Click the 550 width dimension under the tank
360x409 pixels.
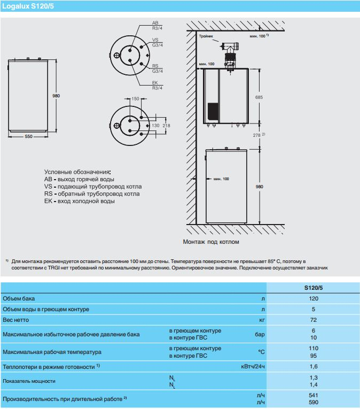(x=29, y=137)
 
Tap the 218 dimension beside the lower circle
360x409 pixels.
(x=166, y=125)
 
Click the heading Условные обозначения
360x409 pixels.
(x=77, y=172)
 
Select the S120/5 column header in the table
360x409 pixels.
(x=313, y=288)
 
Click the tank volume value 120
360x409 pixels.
(x=313, y=298)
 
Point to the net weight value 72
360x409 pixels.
(x=313, y=320)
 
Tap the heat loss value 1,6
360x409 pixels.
(x=313, y=367)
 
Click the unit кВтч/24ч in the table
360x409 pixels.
(x=253, y=367)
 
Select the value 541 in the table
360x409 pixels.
(x=313, y=396)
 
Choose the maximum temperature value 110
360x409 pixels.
(x=313, y=349)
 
